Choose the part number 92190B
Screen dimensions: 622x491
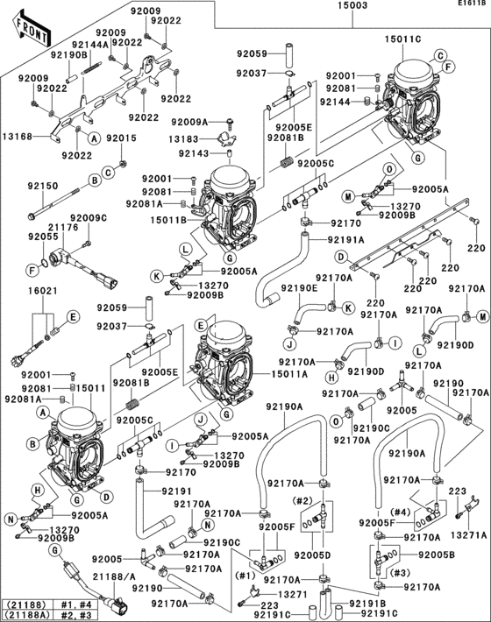(x=68, y=54)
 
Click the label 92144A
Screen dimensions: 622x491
(x=90, y=44)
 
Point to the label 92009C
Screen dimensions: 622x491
(x=89, y=217)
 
